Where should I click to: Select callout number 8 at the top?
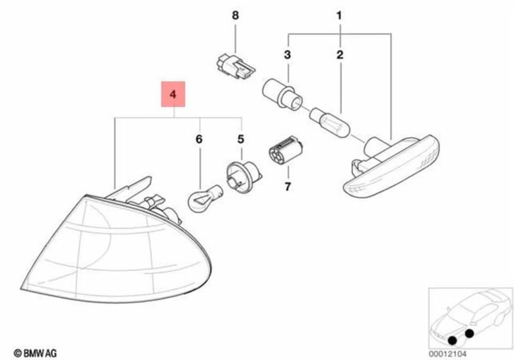coord(235,16)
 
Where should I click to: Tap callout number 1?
coord(339,16)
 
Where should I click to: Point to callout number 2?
coord(340,54)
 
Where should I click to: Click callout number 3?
coord(288,54)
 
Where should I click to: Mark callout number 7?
coord(287,187)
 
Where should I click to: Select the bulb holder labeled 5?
coord(243,174)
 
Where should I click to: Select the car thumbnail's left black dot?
coord(453,339)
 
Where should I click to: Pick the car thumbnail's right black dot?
coord(470,334)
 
